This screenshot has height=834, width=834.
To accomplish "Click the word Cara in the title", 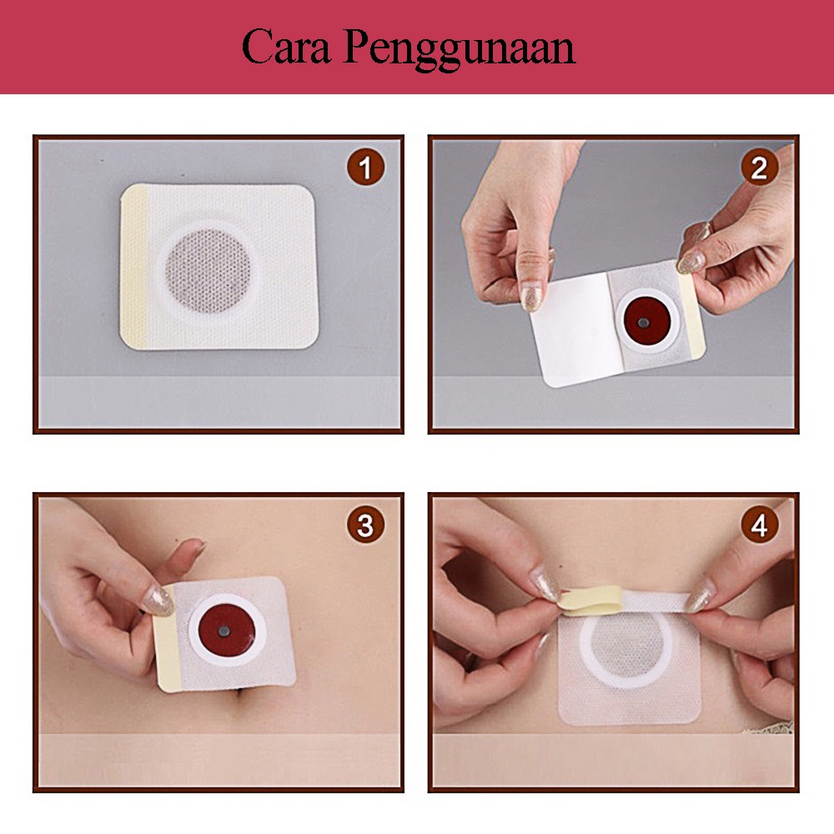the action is coord(286,47).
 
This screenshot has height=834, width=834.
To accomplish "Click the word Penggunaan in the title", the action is coord(459,49).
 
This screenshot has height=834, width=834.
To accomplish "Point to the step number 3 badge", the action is coord(365,525).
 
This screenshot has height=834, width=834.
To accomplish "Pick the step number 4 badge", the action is coord(759,525).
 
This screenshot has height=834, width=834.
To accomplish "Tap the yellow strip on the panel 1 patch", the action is coord(134,266).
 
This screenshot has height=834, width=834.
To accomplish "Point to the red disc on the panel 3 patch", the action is coord(226,630).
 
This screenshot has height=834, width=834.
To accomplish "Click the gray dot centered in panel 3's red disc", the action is coord(224,631).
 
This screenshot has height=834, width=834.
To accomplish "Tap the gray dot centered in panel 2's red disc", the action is coord(645,321).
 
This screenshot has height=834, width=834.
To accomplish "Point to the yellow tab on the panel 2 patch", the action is coord(692,313).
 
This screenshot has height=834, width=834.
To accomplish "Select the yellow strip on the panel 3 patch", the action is coord(168,649).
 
